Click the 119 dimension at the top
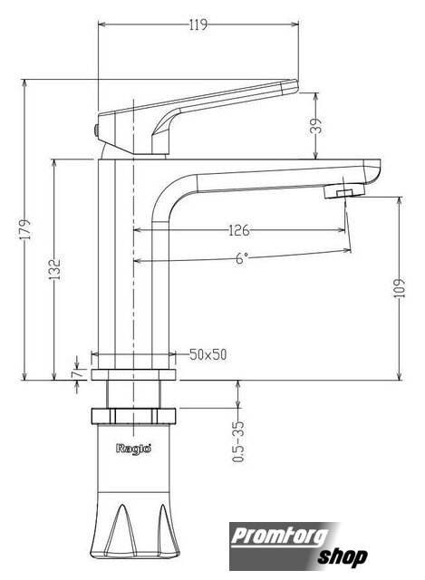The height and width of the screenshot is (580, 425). [198, 25]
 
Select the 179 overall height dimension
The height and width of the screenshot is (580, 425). [26, 229]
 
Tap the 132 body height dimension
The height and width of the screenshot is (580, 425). [55, 270]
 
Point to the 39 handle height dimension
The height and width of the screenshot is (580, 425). [316, 126]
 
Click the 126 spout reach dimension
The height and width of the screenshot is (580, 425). [239, 230]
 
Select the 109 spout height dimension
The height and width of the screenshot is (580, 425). [400, 288]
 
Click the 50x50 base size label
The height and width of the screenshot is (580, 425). [208, 354]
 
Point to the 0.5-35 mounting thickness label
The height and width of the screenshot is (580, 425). [238, 441]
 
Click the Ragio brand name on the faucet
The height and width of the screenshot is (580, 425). [133, 449]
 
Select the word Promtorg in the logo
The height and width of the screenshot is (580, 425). [280, 536]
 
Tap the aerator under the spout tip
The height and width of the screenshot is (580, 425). [344, 191]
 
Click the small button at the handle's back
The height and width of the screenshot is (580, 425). [96, 130]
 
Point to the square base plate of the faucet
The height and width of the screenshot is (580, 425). [133, 374]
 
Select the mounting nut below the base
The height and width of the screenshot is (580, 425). [133, 416]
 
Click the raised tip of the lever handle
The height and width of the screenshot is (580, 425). [289, 87]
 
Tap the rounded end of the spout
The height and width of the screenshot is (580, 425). [372, 171]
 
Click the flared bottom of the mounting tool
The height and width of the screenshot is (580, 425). [135, 526]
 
